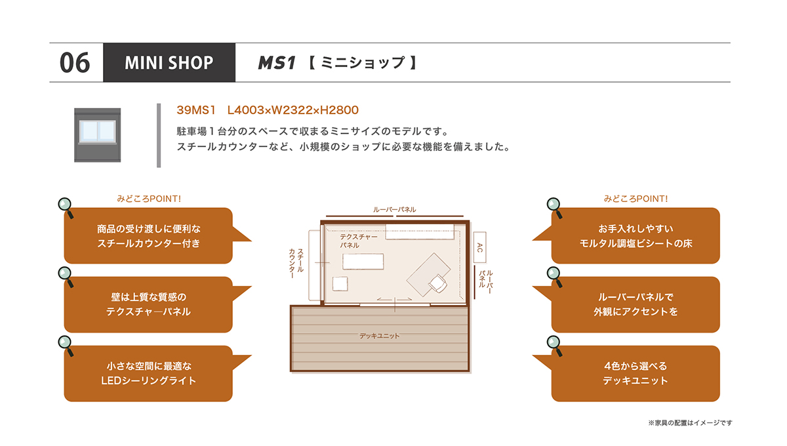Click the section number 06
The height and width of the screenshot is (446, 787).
75,63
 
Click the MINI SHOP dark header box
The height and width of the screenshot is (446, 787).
169,62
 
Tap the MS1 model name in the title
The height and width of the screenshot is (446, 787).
277,63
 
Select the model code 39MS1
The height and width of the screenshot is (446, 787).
195,110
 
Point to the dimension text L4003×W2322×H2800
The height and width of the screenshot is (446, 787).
293,110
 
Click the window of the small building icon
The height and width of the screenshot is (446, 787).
97,131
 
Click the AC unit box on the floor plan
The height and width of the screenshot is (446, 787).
479,247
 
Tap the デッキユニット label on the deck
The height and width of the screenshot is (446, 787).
380,336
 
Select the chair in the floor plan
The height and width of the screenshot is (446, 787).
438,283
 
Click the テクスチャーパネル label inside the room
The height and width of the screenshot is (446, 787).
358,241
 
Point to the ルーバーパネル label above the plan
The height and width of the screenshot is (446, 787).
394,210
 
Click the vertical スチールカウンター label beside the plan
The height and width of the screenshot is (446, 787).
296,264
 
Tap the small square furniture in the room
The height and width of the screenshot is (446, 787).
340,283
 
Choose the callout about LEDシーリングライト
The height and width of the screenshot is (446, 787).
148,373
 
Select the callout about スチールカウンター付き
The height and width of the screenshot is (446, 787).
148,236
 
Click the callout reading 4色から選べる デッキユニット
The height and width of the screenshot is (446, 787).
636,373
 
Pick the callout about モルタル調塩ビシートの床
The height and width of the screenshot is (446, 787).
636,236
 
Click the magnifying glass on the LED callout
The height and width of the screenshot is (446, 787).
66,346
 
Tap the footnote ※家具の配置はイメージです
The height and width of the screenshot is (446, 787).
690,423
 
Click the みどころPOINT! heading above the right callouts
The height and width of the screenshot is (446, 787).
636,199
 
